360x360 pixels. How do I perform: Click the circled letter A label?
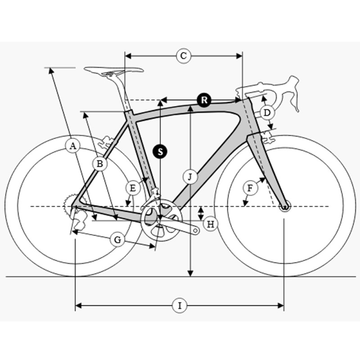click(72, 146)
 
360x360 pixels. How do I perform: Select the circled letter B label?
click(100, 164)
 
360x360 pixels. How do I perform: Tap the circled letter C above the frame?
click(184, 56)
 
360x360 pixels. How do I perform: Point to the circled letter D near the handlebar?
click(267, 113)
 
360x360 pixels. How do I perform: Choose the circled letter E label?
click(133, 188)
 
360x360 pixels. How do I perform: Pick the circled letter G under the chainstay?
click(117, 240)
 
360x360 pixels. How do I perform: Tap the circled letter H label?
click(210, 224)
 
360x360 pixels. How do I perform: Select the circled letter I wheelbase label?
click(180, 306)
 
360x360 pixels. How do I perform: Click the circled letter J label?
click(190, 177)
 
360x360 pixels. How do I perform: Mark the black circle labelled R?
click(204, 100)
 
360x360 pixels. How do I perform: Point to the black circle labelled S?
click(160, 152)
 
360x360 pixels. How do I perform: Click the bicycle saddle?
click(114, 71)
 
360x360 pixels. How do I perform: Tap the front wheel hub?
click(285, 207)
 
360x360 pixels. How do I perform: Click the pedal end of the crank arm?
click(196, 230)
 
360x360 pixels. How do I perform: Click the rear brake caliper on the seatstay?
click(106, 142)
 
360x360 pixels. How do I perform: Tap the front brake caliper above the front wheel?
click(268, 138)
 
